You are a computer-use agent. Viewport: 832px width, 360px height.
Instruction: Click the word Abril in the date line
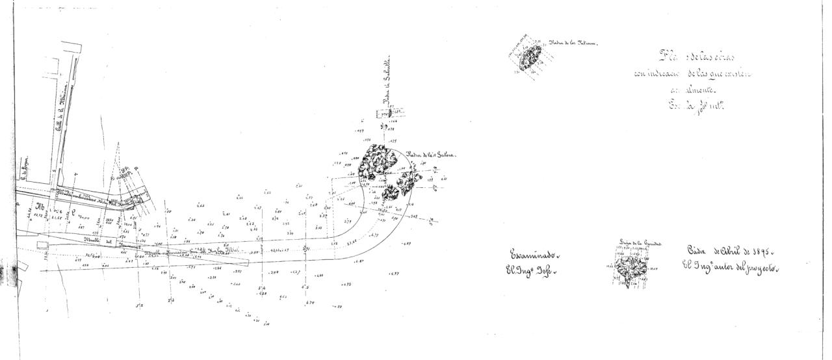pyautogui.click(x=725, y=251)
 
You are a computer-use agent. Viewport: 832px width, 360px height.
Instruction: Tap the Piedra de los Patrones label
pyautogui.click(x=573, y=44)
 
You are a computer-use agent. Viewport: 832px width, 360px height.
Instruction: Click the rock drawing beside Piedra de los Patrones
pyautogui.click(x=531, y=57)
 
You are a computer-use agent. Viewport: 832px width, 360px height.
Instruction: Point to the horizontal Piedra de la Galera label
pyautogui.click(x=432, y=155)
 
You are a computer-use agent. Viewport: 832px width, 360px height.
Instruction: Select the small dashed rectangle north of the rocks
pyautogui.click(x=390, y=113)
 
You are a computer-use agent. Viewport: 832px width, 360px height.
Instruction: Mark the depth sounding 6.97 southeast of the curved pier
pyautogui.click(x=394, y=274)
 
